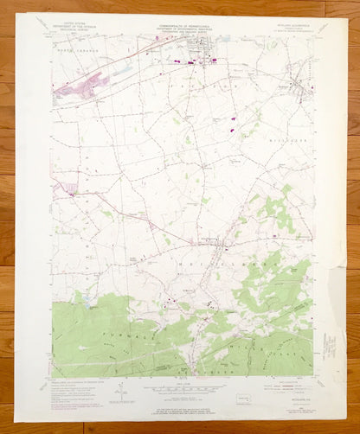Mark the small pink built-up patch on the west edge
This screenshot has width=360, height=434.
(58, 182)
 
